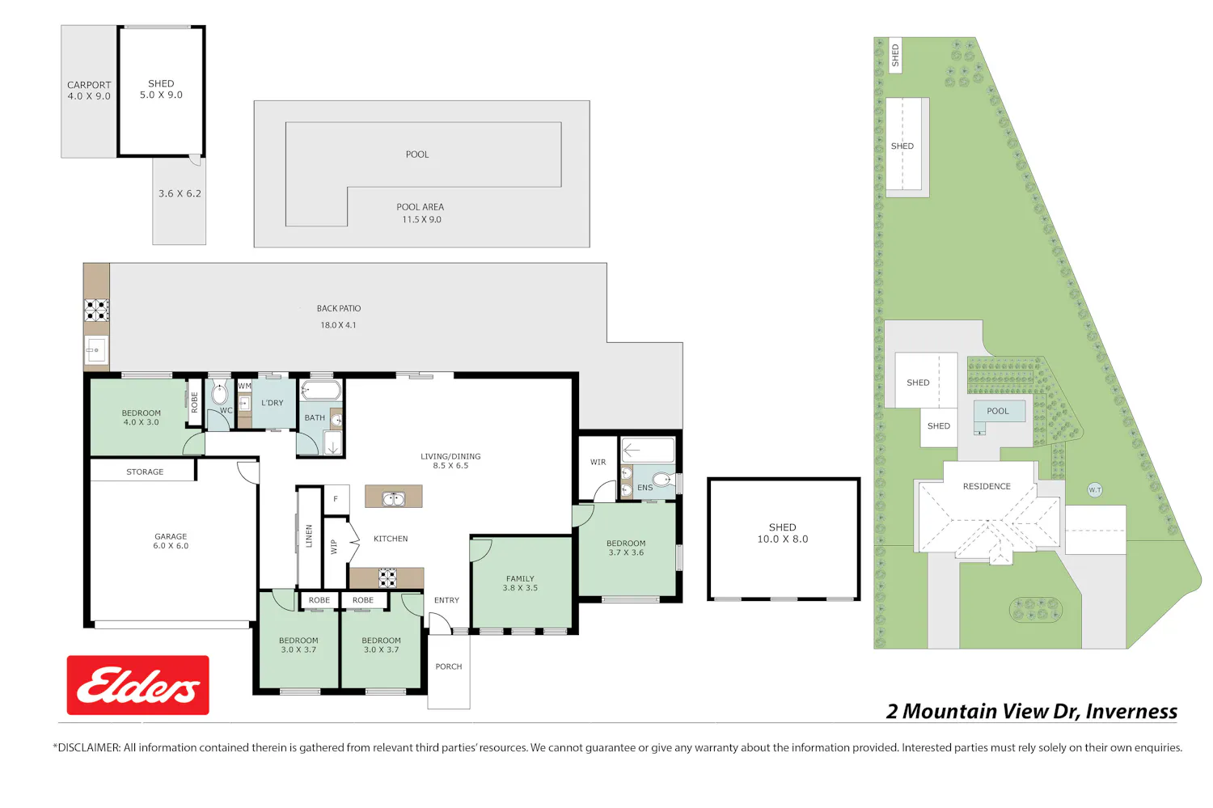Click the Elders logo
(x=137, y=684)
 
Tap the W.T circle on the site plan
(x=1094, y=489)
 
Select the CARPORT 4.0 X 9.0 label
(x=89, y=91)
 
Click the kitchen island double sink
(x=394, y=498)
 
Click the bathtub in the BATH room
(x=321, y=391)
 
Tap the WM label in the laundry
(x=245, y=386)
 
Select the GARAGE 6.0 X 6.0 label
(x=171, y=540)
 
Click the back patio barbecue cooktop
(x=96, y=311)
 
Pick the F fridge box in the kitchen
(x=336, y=499)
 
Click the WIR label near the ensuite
(x=598, y=462)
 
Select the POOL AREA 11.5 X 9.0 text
(x=421, y=213)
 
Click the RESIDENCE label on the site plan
(x=987, y=486)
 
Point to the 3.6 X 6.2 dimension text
(x=180, y=193)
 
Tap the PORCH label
(x=448, y=666)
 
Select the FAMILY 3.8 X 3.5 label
(x=520, y=583)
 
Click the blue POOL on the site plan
(x=1000, y=411)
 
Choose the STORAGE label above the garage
(x=145, y=472)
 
